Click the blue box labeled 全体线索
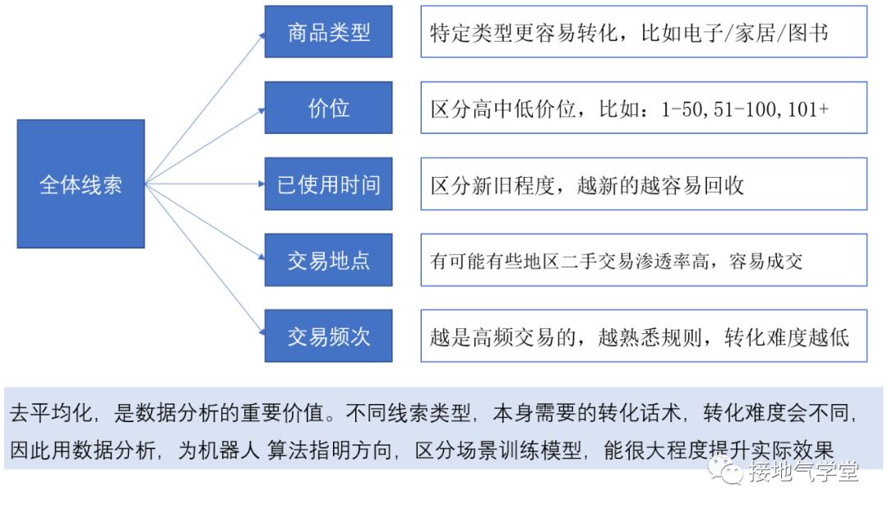coord(81,184)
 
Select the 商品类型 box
coord(328,32)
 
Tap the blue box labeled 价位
coord(328,108)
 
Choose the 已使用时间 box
coord(328,184)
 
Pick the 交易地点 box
coord(328,260)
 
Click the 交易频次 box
coord(328,336)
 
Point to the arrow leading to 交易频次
coord(205,259)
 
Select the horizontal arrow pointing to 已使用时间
coord(205,184)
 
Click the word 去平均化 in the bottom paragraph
coord(50,413)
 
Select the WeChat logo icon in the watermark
coord(725,471)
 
